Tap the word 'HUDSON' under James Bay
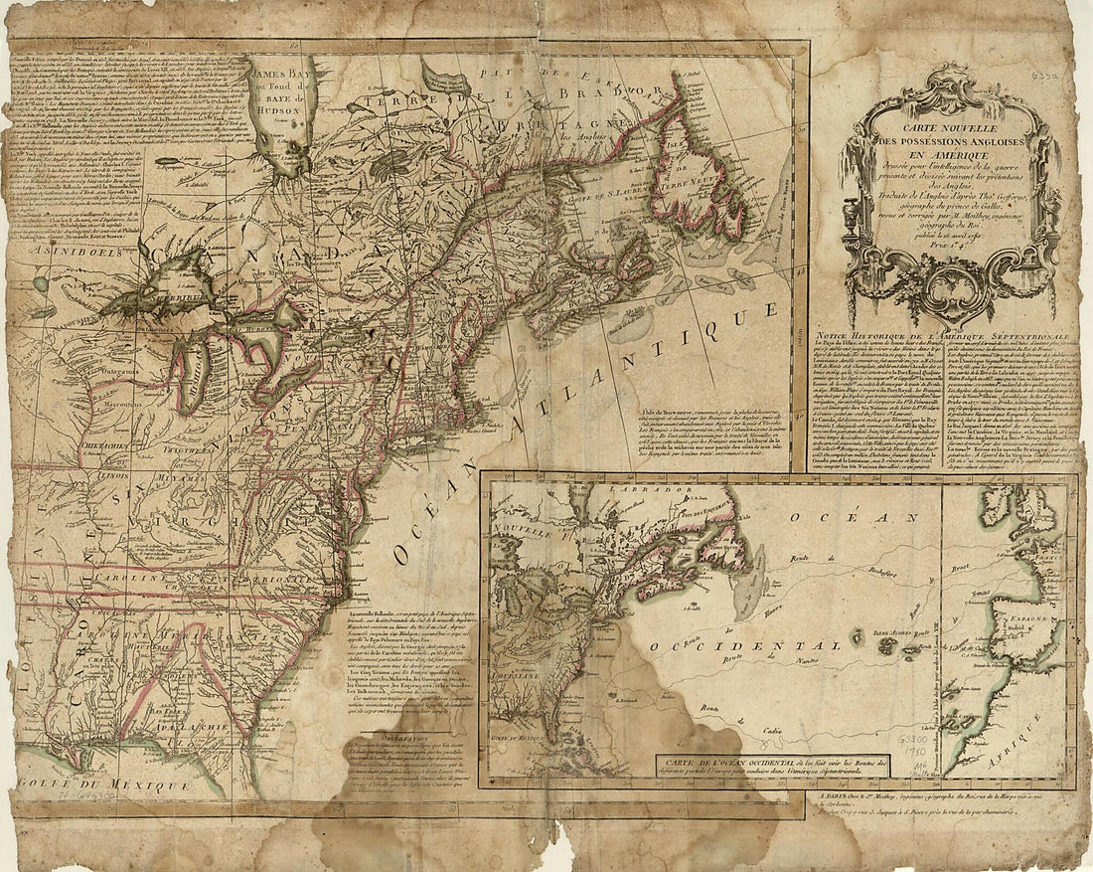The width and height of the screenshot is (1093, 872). [273, 111]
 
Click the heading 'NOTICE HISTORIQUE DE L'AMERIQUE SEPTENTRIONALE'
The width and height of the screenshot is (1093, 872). [942, 338]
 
